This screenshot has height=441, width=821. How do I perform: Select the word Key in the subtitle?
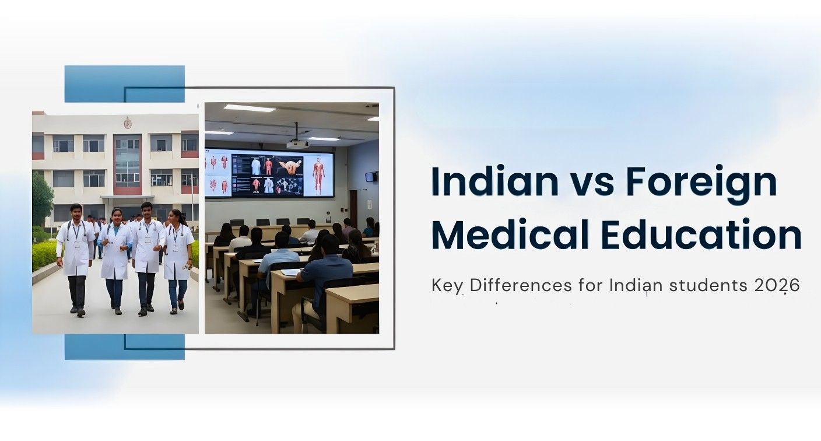tap(448, 286)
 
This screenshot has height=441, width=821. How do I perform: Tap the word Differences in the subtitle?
tap(520, 286)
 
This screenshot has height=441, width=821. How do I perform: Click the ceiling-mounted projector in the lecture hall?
tap(297, 143)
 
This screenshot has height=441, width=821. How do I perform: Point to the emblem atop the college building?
tap(127, 123)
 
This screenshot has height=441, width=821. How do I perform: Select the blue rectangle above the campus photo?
tap(124, 83)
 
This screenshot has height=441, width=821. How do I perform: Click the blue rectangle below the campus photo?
tap(124, 347)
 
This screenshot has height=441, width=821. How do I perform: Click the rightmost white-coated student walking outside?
tap(177, 257)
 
